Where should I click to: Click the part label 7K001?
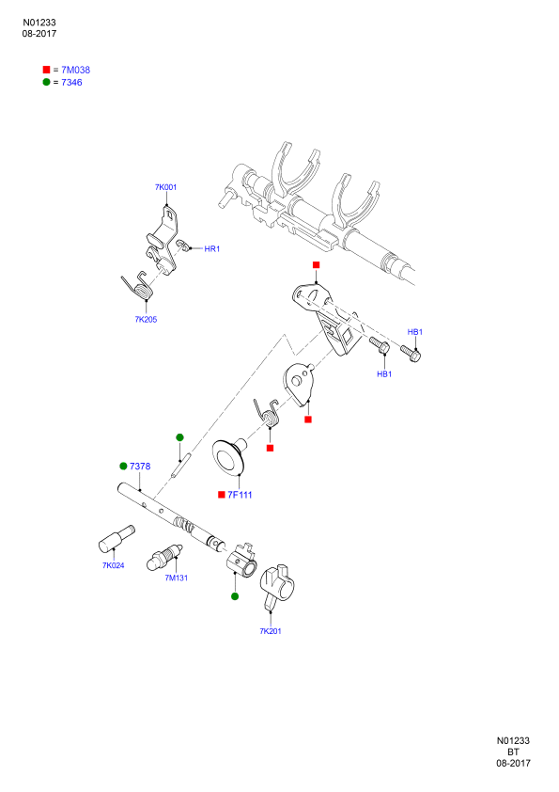165,187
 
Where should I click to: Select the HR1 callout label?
212,249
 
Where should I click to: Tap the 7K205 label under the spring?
146,319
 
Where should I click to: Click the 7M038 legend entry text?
76,71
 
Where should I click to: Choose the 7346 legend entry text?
71,83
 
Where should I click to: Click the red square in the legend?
46,70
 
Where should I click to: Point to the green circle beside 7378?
123,466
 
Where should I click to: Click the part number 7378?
140,467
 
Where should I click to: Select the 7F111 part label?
240,495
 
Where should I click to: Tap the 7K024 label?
114,565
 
